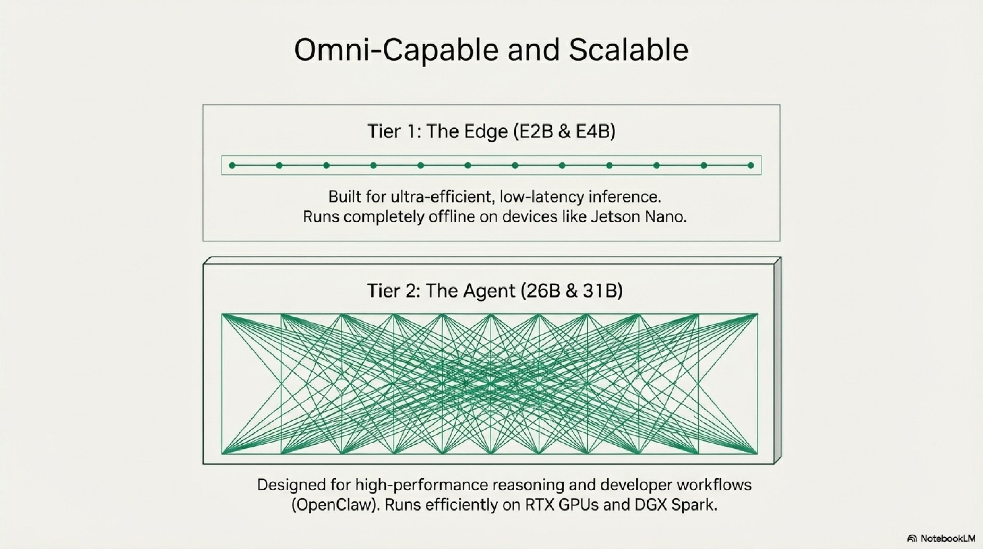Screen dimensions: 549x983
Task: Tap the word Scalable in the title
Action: (628, 50)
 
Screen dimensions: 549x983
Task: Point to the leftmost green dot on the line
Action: (232, 165)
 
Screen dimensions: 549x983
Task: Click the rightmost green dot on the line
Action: (751, 165)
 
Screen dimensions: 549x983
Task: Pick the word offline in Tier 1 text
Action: (451, 217)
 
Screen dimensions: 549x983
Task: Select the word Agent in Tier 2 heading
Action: (489, 291)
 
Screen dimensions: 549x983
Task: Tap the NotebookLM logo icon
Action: (912, 538)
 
